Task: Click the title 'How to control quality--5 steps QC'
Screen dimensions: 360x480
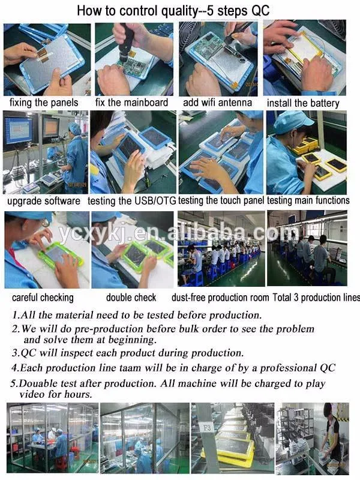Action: point(173,11)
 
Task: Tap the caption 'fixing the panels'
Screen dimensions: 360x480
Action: point(44,103)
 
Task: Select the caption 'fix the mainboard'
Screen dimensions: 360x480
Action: point(131,102)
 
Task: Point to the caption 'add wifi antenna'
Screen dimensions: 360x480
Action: point(217,102)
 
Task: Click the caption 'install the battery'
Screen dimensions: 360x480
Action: point(303,103)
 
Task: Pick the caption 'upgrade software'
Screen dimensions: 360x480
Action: point(44,201)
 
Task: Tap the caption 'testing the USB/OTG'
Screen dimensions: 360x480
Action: point(131,201)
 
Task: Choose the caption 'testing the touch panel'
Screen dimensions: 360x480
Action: point(221,200)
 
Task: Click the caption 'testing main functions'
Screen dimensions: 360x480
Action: point(308,200)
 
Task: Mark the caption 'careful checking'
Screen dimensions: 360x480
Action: point(43,298)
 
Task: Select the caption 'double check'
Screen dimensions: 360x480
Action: point(131,297)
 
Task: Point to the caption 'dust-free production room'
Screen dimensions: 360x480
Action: point(220,298)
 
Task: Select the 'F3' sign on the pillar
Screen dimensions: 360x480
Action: point(207,427)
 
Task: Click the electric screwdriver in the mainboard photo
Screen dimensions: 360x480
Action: point(126,43)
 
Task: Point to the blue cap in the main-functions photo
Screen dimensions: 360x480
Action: point(292,122)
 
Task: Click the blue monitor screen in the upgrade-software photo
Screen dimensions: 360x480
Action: point(19,130)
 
